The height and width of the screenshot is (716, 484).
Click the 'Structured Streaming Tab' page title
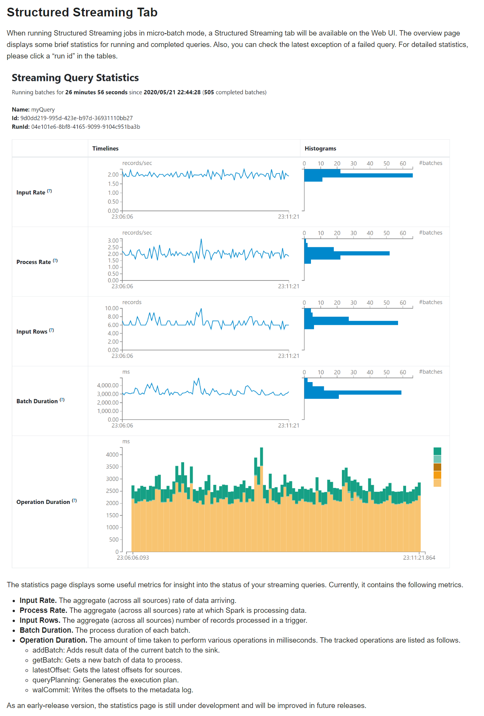pos(82,12)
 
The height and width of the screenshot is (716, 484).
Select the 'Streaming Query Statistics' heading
pos(75,78)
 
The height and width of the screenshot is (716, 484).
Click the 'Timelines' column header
pos(105,148)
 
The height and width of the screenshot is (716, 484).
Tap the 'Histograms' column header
pos(320,148)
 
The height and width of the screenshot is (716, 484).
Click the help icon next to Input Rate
pos(49,191)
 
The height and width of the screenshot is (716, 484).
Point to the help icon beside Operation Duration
pos(74,501)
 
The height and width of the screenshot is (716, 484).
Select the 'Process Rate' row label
pos(34,262)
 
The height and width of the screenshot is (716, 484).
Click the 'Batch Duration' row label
pos(37,401)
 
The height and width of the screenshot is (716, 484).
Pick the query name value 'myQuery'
pos(43,110)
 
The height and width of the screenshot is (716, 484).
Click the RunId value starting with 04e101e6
pos(86,127)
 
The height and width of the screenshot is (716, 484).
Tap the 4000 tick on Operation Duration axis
pos(112,455)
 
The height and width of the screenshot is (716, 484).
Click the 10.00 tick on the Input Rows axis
pos(112,308)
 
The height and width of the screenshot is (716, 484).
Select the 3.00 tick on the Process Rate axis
pos(113,241)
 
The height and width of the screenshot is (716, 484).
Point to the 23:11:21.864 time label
pos(419,558)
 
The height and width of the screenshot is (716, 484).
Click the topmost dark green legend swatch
pos(437,451)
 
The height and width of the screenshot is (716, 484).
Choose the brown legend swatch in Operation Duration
pos(437,467)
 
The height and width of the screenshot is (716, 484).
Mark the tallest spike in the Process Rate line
pos(201,240)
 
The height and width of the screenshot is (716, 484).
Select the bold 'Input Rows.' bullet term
pos(40,620)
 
